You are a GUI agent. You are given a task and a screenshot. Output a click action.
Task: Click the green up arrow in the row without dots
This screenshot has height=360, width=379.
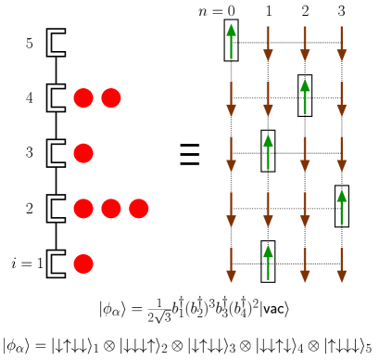click(231, 42)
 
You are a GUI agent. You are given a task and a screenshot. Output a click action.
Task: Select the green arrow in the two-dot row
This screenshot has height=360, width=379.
click(305, 97)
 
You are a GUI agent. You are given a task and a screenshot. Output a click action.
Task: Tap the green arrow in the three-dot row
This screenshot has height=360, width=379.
click(342, 208)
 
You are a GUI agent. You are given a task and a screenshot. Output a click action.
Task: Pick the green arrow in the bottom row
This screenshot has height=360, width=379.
click(268, 264)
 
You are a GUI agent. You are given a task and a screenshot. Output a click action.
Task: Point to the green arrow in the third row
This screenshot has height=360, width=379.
click(268, 153)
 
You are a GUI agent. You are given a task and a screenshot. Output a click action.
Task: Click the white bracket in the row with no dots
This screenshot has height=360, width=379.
click(56, 43)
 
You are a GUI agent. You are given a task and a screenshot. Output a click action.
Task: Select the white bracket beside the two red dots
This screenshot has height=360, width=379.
click(56, 97)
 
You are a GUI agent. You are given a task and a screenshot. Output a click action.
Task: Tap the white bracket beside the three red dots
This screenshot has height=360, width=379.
click(56, 209)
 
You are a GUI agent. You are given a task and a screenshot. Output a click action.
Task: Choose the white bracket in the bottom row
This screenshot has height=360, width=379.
click(56, 264)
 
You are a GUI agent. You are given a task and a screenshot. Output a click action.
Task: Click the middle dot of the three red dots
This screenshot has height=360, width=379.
click(111, 209)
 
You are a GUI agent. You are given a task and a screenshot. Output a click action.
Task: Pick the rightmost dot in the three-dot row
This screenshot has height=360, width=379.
click(139, 209)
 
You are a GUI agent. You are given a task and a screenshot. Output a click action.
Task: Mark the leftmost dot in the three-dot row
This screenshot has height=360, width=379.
click(83, 209)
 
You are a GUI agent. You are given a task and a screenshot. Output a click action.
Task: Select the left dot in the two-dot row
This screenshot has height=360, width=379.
click(83, 97)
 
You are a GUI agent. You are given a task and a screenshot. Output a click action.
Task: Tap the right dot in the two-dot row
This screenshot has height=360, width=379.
click(111, 97)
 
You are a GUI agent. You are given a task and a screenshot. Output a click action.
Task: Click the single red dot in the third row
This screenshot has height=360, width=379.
click(83, 153)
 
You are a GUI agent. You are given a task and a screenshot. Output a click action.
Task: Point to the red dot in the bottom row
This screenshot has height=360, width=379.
click(83, 264)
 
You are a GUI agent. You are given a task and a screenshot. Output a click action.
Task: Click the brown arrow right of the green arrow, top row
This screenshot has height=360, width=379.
click(268, 43)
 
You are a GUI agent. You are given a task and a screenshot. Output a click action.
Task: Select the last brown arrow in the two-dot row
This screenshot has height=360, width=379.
click(342, 98)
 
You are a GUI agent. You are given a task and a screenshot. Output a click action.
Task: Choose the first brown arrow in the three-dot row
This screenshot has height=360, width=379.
click(231, 209)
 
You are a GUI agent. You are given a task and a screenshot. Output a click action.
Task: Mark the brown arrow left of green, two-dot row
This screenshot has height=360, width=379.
click(268, 98)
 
